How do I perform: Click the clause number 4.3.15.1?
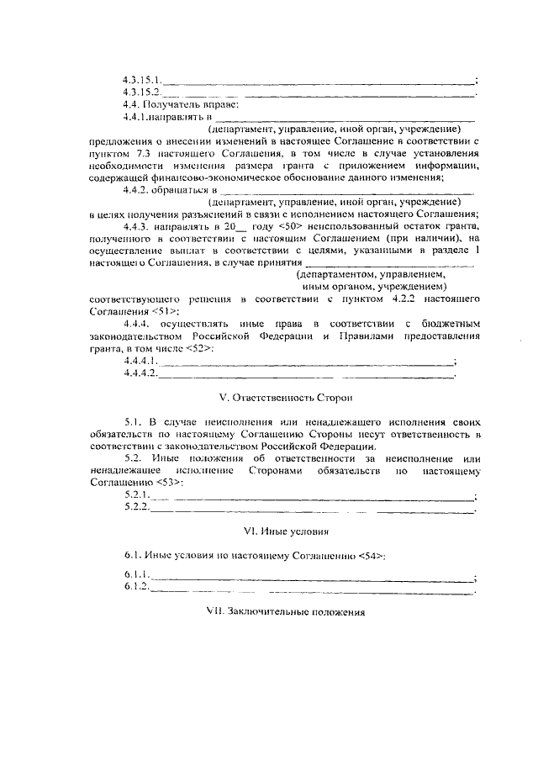pos(141,81)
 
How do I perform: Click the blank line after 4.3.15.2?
pos(319,93)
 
